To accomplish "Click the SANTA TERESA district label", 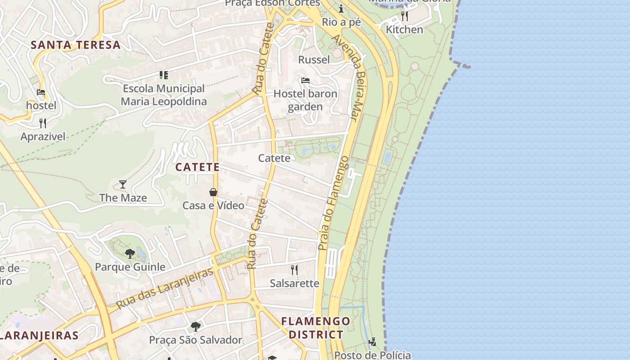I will click(x=76, y=45).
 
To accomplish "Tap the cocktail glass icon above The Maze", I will click(x=122, y=184).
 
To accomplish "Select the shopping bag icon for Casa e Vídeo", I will click(x=213, y=192).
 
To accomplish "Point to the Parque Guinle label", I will click(x=130, y=267).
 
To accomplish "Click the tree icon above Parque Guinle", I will click(x=130, y=253).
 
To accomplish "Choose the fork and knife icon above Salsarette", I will click(x=294, y=270).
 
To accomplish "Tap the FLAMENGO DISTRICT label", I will click(x=315, y=328).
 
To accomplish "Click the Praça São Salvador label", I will click(x=195, y=340).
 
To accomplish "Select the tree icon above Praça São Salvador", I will click(x=195, y=326).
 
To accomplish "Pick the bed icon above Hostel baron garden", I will click(x=306, y=81).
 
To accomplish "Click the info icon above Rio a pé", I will click(x=341, y=9).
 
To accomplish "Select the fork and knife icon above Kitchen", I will click(x=405, y=16).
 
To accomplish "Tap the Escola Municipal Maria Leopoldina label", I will click(x=164, y=94).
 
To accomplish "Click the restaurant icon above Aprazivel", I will click(x=43, y=123).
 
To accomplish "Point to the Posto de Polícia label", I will click(x=372, y=355).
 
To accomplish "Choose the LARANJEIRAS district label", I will click(x=40, y=335).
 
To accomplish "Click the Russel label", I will click(x=314, y=59).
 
